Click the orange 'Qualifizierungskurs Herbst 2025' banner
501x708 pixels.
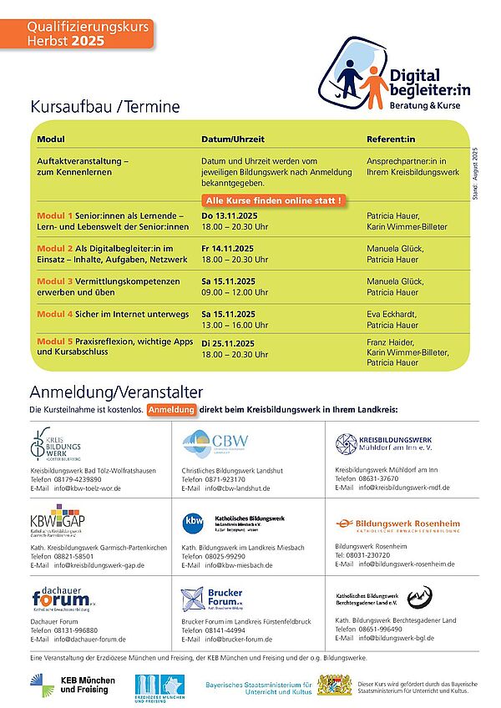[x=77, y=33]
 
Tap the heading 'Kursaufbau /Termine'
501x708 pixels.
[x=104, y=107]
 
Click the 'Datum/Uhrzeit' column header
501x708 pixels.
[x=233, y=139]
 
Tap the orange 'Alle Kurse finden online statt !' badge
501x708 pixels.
[x=273, y=201]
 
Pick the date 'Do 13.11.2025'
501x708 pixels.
[x=230, y=215]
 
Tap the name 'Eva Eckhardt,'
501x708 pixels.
[x=392, y=314]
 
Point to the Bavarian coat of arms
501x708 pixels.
[x=330, y=685]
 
